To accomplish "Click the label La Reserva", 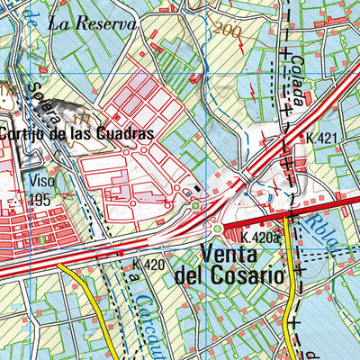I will point(93,23).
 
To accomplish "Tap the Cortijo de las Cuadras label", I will point(76,132).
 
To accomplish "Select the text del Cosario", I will point(229,274).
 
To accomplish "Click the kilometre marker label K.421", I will point(320,138).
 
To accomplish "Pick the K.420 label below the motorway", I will point(148,265).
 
